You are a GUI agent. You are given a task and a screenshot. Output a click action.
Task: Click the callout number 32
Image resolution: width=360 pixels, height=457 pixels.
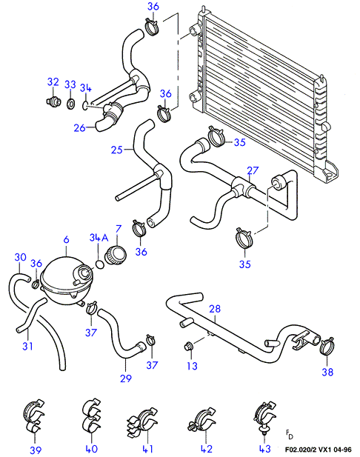(x=53, y=82)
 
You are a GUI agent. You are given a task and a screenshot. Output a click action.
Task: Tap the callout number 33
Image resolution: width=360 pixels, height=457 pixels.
(x=70, y=84)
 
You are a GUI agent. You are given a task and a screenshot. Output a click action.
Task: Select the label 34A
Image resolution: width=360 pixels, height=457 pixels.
(x=99, y=238)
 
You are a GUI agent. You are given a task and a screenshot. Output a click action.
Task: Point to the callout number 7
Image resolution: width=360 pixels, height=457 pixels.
(x=118, y=229)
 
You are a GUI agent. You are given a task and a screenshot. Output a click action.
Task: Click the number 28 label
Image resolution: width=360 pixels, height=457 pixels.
(x=215, y=309)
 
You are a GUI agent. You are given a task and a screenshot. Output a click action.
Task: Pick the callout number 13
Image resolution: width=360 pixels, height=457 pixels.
(x=192, y=366)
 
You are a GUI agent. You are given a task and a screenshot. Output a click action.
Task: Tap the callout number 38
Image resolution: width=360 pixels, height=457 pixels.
(x=327, y=372)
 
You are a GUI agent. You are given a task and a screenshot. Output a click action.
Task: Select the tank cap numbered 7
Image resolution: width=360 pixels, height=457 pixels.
(x=116, y=256)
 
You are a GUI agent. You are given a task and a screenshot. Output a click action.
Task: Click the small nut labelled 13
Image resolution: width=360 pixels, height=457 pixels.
(x=188, y=347)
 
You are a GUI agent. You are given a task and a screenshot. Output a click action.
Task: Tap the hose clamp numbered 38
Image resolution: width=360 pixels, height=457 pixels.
(x=327, y=346)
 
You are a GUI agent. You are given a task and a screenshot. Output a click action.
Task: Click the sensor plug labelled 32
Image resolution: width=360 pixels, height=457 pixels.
(x=53, y=101)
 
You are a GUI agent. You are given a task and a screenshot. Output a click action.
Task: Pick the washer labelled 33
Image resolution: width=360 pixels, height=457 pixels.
(x=71, y=104)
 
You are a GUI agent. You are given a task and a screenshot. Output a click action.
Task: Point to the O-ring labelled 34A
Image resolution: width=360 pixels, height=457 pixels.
(x=100, y=264)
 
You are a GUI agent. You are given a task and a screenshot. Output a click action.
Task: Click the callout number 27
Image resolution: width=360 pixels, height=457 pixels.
(x=253, y=170)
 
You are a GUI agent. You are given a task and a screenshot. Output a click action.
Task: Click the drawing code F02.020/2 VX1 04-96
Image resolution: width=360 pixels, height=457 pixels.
(x=318, y=450)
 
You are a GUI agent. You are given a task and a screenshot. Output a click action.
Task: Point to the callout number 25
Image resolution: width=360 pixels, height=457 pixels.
(x=116, y=150)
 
